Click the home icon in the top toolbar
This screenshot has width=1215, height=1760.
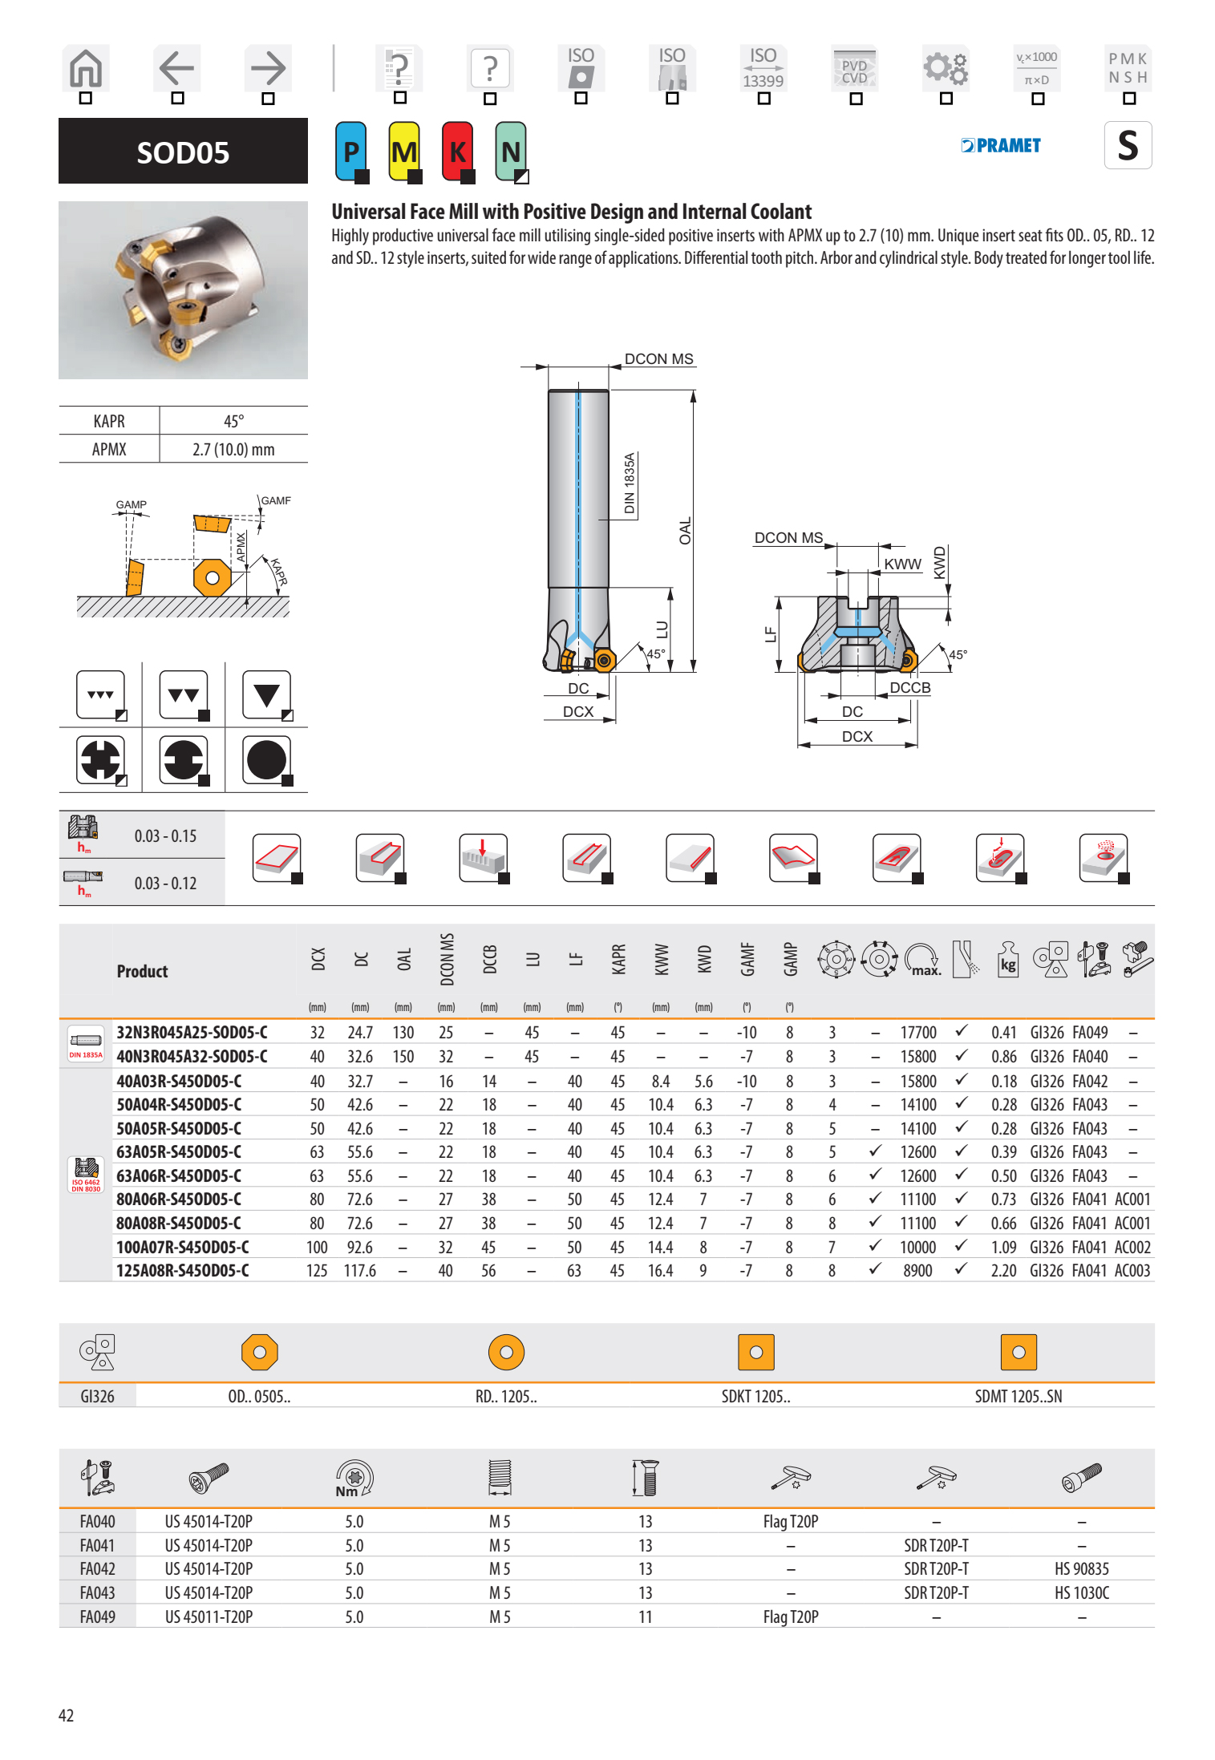click(86, 69)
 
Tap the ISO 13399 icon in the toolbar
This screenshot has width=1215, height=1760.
click(763, 69)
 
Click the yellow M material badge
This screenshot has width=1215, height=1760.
click(403, 151)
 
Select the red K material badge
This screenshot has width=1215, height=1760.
click(457, 151)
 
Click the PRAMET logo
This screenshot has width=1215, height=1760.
click(1001, 146)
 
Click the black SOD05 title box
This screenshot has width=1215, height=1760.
click(183, 152)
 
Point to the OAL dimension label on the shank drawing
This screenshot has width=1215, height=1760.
click(685, 531)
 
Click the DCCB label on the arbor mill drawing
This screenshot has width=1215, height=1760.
click(909, 688)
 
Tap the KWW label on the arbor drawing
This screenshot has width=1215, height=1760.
click(902, 564)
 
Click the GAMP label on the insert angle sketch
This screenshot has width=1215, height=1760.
click(131, 505)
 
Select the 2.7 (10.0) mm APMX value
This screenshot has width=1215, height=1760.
click(233, 450)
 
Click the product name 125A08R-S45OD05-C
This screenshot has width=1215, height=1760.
click(183, 1271)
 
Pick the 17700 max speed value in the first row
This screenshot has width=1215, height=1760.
click(917, 1033)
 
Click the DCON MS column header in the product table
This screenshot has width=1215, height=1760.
click(447, 960)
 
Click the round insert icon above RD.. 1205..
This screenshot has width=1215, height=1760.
click(506, 1353)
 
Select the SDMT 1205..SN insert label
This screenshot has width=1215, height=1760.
click(1018, 1397)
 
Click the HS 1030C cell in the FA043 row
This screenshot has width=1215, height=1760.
click(1081, 1593)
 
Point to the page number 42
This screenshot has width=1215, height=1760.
click(66, 1715)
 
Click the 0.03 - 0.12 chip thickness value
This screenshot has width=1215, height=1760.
click(165, 884)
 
